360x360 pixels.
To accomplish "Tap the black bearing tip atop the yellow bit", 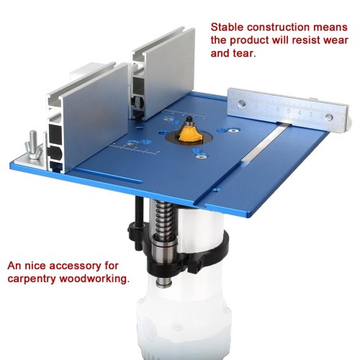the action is pos(189,119).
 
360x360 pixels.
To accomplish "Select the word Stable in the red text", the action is pos(227,27).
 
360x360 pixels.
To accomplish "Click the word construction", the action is pos(278,27).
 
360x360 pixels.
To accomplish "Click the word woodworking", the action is pos(94,279).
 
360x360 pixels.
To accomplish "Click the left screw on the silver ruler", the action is pos(242,104).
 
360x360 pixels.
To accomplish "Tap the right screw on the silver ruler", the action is pos(330,117).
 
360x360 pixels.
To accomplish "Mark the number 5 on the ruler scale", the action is pos(289,112).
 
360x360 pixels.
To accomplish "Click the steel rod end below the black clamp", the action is pos(164,282).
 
